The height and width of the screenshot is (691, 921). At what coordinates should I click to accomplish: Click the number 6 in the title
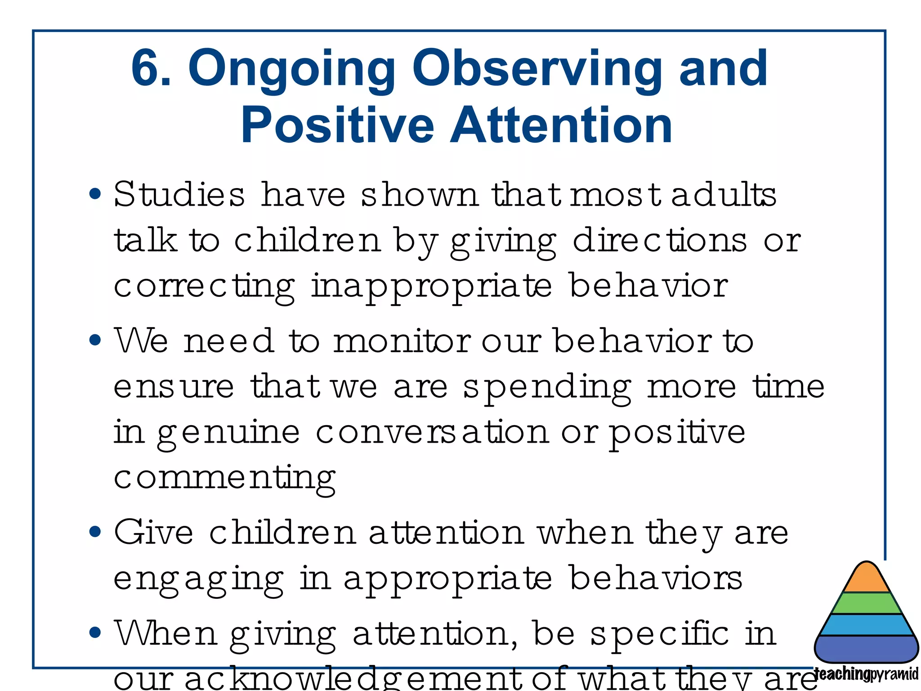tap(147, 69)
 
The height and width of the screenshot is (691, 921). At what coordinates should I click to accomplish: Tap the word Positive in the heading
tap(337, 126)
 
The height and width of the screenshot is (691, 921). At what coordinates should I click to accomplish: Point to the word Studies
tap(179, 195)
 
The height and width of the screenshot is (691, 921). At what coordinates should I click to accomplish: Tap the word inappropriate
tap(431, 287)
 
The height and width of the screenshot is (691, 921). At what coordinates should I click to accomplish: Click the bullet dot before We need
tap(95, 340)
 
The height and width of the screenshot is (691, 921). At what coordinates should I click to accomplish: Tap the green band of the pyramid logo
tap(867, 604)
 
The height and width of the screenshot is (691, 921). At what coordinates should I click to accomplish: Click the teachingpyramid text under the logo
tap(866, 674)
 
